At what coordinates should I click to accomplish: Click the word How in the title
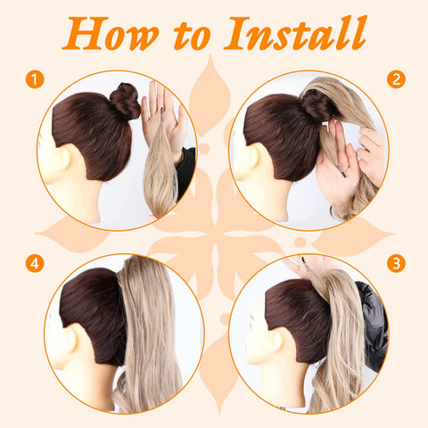coord(111,33)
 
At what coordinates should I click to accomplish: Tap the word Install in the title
coord(295,33)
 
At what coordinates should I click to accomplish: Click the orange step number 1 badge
coord(35,79)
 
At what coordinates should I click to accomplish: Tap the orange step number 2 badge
coord(396,79)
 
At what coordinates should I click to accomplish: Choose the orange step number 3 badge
coord(396,263)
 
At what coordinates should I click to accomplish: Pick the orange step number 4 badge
coord(35,263)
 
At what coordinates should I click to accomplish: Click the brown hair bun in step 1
coord(125,101)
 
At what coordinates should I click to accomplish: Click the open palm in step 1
coord(162,113)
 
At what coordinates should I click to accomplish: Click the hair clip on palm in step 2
coord(342,171)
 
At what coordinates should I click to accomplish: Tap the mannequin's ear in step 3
coord(276,342)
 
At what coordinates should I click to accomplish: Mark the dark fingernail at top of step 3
coord(303,259)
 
